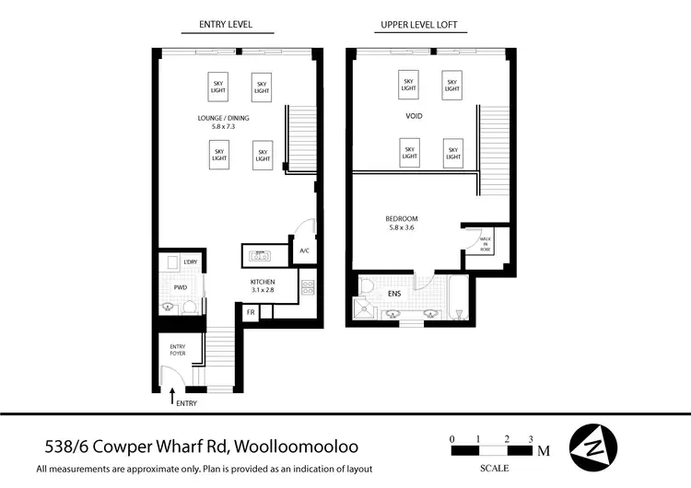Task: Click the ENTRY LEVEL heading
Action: point(225,24)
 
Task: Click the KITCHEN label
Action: point(264,285)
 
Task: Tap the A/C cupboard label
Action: point(305,250)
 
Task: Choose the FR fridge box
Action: point(250,313)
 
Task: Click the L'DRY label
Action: point(192,262)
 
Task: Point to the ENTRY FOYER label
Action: point(177,349)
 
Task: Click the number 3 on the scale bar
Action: point(532,438)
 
